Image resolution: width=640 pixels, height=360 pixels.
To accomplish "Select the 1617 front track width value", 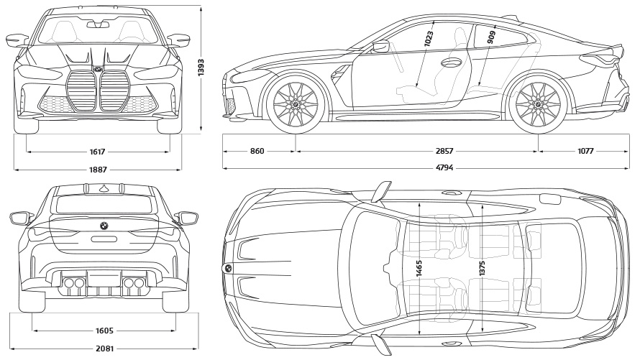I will [98, 152].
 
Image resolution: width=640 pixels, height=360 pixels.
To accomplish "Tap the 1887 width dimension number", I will [98, 170].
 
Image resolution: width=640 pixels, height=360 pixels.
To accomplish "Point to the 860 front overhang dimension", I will [257, 152].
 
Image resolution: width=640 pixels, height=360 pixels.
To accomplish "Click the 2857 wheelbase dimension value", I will [444, 152].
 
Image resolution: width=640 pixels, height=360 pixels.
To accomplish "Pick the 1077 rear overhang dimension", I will [586, 152].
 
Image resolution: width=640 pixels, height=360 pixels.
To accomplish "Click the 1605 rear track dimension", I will [104, 331].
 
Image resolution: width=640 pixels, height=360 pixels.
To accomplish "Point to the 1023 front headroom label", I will [429, 38].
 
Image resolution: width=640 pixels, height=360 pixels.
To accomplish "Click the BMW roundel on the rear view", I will [104, 226].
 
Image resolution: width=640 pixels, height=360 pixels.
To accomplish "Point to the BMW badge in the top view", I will [228, 268].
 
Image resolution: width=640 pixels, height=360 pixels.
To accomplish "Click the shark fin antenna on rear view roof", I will [104, 188].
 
